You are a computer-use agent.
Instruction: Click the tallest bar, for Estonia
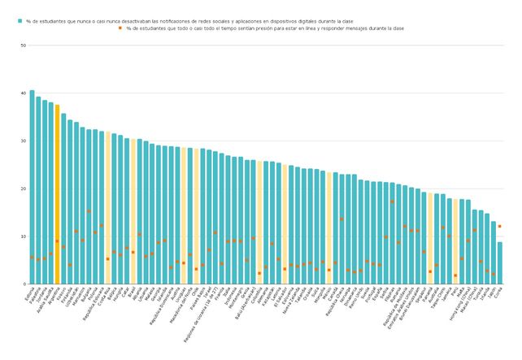point(32,187)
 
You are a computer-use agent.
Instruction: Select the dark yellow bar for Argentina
point(57,195)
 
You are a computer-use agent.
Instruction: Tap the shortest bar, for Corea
point(499,262)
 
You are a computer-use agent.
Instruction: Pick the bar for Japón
point(493,253)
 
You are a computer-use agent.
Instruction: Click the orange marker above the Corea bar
point(499,226)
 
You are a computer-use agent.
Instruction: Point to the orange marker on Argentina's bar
point(57,241)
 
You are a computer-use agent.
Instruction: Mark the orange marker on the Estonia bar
point(32,258)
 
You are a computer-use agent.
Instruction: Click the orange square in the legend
point(120,28)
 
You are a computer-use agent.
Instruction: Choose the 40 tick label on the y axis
point(23,93)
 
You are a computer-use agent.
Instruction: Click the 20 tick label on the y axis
point(23,189)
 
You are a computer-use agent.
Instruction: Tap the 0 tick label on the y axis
point(24,284)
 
